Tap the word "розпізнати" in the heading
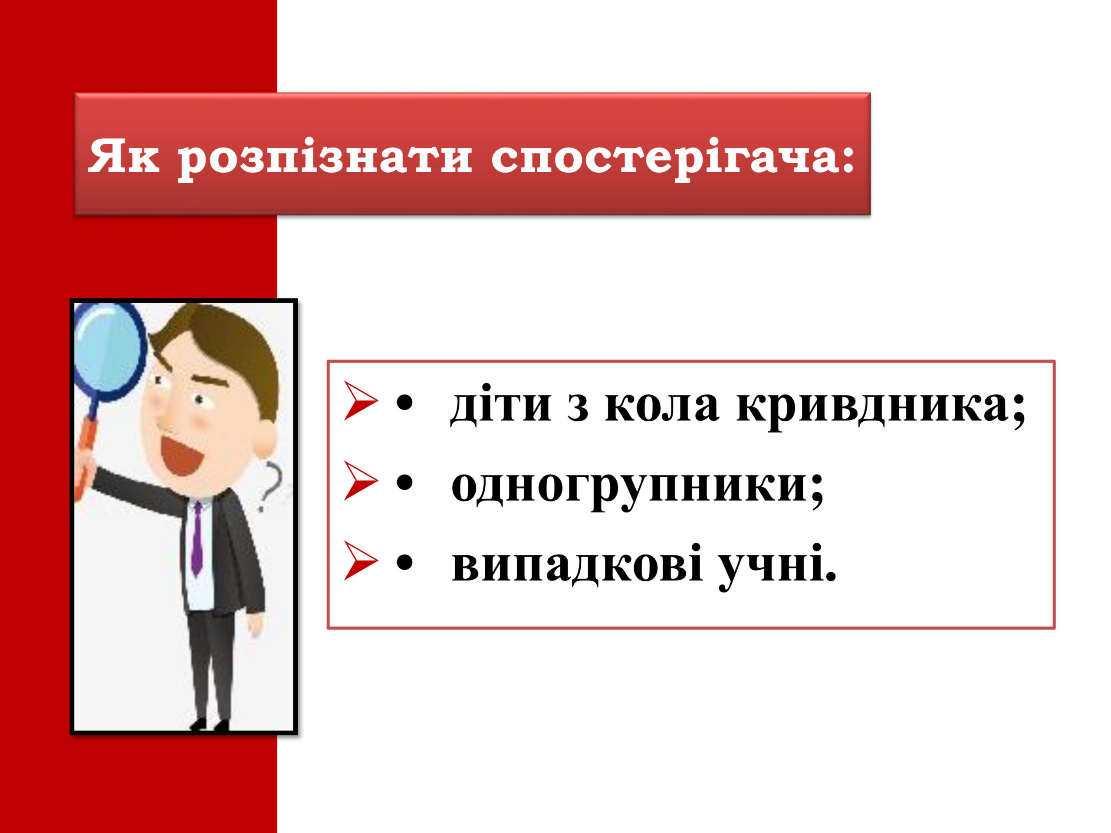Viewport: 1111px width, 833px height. click(325, 159)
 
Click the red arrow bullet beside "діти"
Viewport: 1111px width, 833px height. click(360, 401)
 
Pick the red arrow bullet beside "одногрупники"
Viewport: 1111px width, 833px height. click(360, 481)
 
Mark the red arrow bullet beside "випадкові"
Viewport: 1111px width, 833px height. click(360, 561)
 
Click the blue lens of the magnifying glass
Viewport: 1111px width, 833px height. click(108, 351)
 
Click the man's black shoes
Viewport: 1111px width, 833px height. click(210, 724)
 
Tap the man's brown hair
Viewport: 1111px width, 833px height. click(236, 351)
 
